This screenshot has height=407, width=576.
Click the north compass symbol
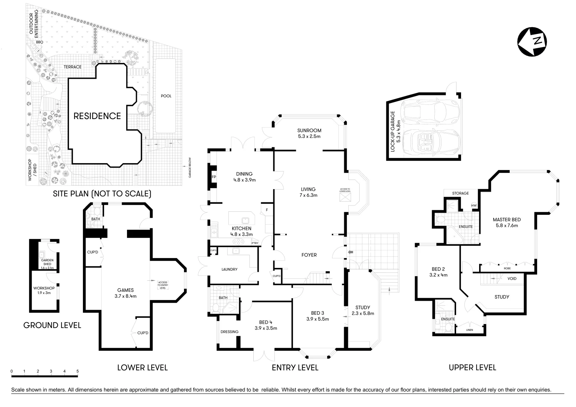pos(532,42)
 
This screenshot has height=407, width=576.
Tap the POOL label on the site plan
pos(166,96)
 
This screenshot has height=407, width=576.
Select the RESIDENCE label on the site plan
pos(97,116)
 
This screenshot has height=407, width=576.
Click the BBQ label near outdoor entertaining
pos(40,42)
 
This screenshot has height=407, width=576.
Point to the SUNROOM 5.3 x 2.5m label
pos(309,133)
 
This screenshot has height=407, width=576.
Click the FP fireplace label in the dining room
pos(214,177)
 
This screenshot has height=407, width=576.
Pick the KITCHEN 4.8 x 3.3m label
pos(241,231)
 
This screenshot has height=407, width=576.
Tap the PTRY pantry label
pos(265,243)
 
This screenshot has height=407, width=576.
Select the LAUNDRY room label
pos(229,269)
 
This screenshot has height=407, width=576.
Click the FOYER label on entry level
pos(309,255)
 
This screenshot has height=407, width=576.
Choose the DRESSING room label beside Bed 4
pos(230,332)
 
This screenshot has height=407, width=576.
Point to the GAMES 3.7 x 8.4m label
pos(126,293)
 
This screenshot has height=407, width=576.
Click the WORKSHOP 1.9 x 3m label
pos(44,291)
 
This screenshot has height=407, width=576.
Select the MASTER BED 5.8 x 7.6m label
pos(507,222)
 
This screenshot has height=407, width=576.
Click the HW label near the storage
pos(474,205)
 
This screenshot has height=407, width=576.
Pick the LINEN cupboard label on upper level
pos(469,330)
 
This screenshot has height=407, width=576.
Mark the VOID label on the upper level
pos(512,279)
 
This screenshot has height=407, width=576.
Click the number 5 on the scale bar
pos(77,372)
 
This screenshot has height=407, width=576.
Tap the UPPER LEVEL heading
pos(472,367)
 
